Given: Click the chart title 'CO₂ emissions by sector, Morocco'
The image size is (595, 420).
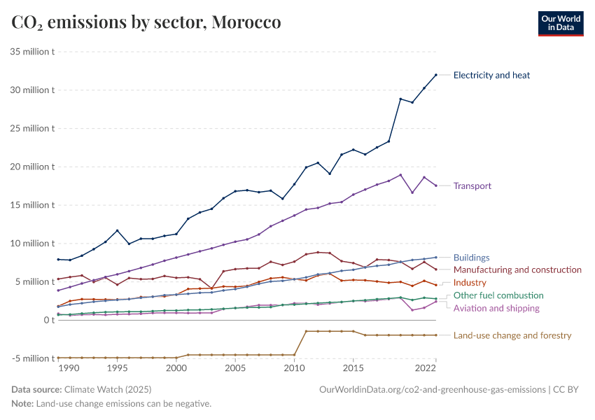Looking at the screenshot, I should (146, 22).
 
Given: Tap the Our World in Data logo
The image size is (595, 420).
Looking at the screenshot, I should (560, 23).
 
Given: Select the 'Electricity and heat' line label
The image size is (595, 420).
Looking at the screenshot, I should (491, 75).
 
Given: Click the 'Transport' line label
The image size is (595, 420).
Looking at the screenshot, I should (472, 186).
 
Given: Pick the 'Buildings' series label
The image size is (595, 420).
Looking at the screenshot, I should (471, 258).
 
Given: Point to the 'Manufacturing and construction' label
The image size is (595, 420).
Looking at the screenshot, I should (517, 269).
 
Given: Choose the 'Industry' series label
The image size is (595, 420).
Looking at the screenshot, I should (470, 282).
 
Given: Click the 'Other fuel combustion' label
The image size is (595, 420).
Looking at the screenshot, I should (498, 295).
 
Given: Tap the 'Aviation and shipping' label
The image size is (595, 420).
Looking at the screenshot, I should (496, 308).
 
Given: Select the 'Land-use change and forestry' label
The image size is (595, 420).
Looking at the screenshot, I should (512, 335).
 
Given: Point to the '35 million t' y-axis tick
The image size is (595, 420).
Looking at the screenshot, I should (32, 52).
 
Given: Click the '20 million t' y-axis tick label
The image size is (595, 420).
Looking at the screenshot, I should (32, 167).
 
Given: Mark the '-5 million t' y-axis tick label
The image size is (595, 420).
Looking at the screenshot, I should (32, 358).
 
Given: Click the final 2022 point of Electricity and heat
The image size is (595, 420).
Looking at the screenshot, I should (436, 75).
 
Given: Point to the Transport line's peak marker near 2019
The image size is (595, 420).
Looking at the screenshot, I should (400, 175).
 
